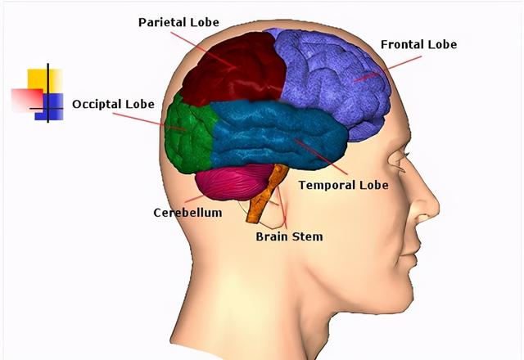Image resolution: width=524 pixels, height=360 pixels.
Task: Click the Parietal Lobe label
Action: [x=178, y=22]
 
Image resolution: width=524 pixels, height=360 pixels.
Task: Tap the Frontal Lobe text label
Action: [x=418, y=44]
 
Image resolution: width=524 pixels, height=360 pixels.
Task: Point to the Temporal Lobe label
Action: [x=343, y=185]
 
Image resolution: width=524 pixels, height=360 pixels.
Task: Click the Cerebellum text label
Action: [x=187, y=213]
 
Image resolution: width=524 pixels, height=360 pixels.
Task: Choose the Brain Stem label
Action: [x=289, y=236]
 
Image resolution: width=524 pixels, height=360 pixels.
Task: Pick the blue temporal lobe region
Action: [x=270, y=135]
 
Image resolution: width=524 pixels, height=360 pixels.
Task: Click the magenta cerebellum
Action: [x=233, y=184]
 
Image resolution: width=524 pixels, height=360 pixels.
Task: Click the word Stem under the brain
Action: [x=307, y=236]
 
